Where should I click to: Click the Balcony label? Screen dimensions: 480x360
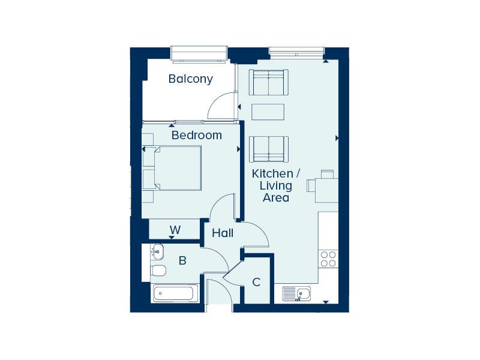pyautogui.click(x=190, y=79)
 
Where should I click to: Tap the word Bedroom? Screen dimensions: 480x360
pyautogui.click(x=197, y=135)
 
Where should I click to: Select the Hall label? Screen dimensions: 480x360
pyautogui.click(x=223, y=233)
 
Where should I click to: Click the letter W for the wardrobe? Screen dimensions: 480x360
pyautogui.click(x=175, y=230)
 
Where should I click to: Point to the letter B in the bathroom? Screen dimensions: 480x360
pyautogui.click(x=182, y=260)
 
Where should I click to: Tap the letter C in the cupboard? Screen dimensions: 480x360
pyautogui.click(x=256, y=282)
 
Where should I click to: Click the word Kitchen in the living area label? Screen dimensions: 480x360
pyautogui.click(x=272, y=174)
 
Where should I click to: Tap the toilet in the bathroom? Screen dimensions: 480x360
pyautogui.click(x=158, y=271)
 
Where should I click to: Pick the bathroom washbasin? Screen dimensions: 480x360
pyautogui.click(x=157, y=251)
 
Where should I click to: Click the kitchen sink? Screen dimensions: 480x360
pyautogui.click(x=296, y=294)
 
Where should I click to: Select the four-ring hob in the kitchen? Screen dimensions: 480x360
pyautogui.click(x=328, y=259)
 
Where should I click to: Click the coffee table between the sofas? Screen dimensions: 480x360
pyautogui.click(x=268, y=112)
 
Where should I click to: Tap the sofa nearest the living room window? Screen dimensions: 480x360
pyautogui.click(x=268, y=82)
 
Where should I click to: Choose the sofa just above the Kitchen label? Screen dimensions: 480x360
pyautogui.click(x=268, y=149)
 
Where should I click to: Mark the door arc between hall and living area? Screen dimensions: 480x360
pyautogui.click(x=260, y=230)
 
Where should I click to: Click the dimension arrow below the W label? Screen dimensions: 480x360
pyautogui.click(x=172, y=237)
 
